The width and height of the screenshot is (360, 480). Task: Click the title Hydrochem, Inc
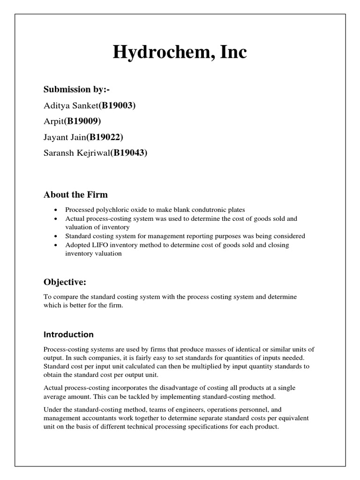point(180,52)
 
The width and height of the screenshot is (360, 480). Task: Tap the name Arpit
point(53,121)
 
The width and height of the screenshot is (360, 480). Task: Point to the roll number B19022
point(107,137)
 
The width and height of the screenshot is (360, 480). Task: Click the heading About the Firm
point(75,194)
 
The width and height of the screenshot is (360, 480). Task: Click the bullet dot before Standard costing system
point(56,236)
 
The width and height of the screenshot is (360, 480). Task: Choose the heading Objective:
point(65,282)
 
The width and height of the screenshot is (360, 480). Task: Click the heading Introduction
point(68,335)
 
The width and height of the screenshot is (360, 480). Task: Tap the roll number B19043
point(129,153)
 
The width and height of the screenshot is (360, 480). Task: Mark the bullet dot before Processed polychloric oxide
point(56,210)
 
